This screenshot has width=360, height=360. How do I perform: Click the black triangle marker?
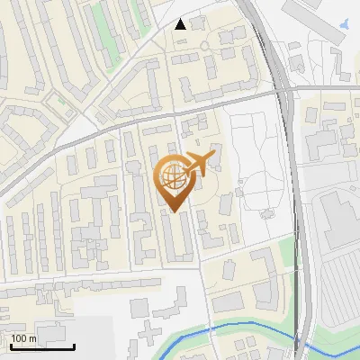click(181, 24)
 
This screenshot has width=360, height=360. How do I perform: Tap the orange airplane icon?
click(199, 164)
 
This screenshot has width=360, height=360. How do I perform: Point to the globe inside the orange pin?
click(173, 176)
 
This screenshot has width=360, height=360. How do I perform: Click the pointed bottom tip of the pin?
click(174, 211)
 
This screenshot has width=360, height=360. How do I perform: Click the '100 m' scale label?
click(24, 338)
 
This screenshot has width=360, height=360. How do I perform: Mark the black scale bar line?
click(41, 346)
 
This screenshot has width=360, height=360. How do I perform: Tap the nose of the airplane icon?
click(214, 157)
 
